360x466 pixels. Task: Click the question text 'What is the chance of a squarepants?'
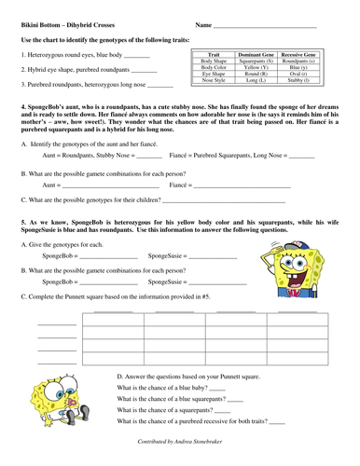pyautogui.click(x=163, y=409)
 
